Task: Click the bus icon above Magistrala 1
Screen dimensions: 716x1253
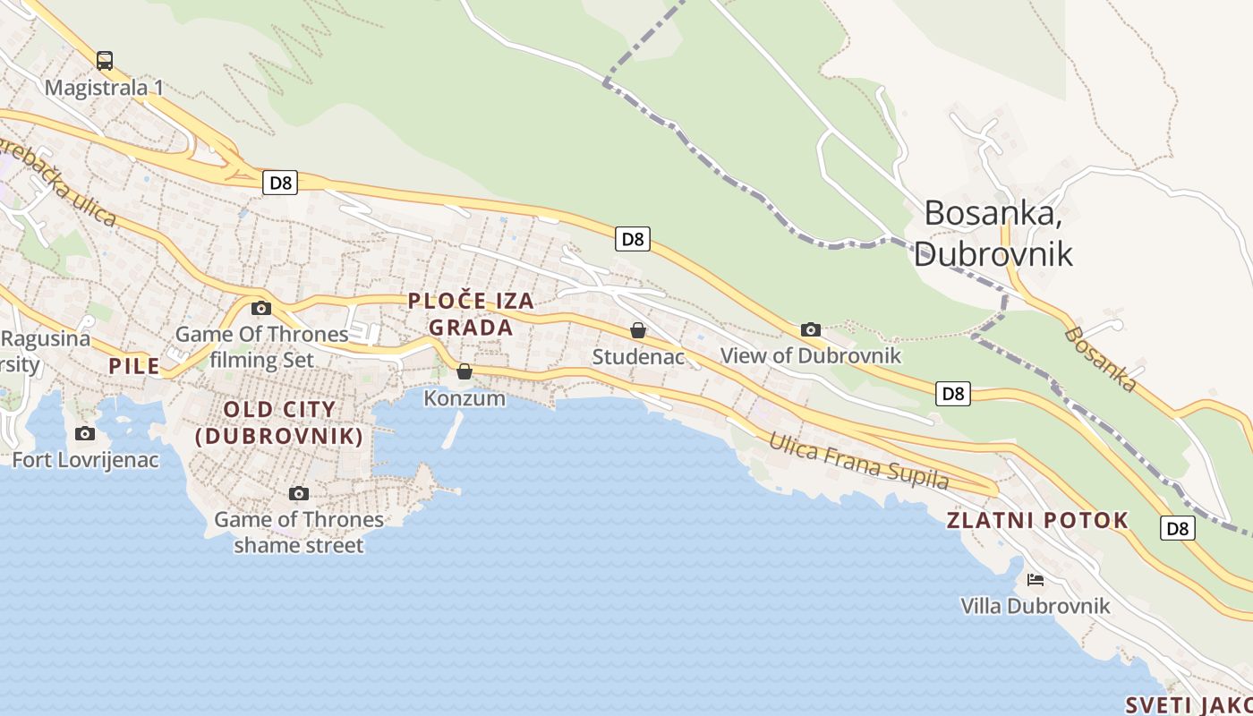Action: pyautogui.click(x=105, y=61)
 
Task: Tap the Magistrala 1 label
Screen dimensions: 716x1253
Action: pyautogui.click(x=104, y=88)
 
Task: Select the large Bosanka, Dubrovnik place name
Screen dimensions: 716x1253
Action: pyautogui.click(x=993, y=233)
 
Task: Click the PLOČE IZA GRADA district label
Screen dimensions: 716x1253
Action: pyautogui.click(x=471, y=314)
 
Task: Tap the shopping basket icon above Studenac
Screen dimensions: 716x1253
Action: pyautogui.click(x=638, y=330)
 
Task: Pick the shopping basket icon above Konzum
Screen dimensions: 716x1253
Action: pyautogui.click(x=465, y=371)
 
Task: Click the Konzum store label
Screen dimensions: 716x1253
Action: pyautogui.click(x=465, y=397)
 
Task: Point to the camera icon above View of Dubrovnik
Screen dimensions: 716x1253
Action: pyautogui.click(x=811, y=329)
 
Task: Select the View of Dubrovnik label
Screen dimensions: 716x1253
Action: pyautogui.click(x=811, y=355)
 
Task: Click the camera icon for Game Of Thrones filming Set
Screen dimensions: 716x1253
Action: pyautogui.click(x=261, y=309)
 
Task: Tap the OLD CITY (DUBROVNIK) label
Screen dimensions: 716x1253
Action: pyautogui.click(x=279, y=422)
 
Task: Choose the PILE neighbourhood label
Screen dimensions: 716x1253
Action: pyautogui.click(x=134, y=365)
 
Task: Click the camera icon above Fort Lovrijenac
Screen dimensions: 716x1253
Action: pyautogui.click(x=85, y=434)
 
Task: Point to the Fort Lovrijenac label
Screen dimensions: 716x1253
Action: pyautogui.click(x=85, y=460)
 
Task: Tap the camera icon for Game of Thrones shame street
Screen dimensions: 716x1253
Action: pyautogui.click(x=299, y=493)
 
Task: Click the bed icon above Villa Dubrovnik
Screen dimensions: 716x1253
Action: pyautogui.click(x=1036, y=580)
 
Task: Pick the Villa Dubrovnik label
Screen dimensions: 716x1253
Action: pyautogui.click(x=1036, y=606)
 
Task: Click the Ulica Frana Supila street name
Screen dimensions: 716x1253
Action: pyautogui.click(x=858, y=461)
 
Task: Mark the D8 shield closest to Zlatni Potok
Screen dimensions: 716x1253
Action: pyautogui.click(x=1179, y=528)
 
